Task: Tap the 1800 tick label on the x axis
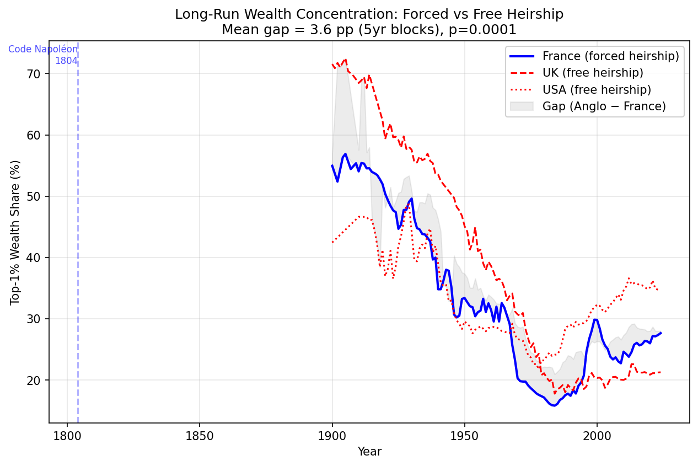pos(67,436)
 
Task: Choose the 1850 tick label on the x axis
pos(199,436)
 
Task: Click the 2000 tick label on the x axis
pos(597,436)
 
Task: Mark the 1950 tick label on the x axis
pos(464,436)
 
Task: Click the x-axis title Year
pos(369,452)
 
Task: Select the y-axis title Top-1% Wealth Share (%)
pos(15,232)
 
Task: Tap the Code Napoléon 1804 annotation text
pos(44,55)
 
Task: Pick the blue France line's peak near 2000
pos(596,319)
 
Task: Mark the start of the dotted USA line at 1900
pos(332,242)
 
